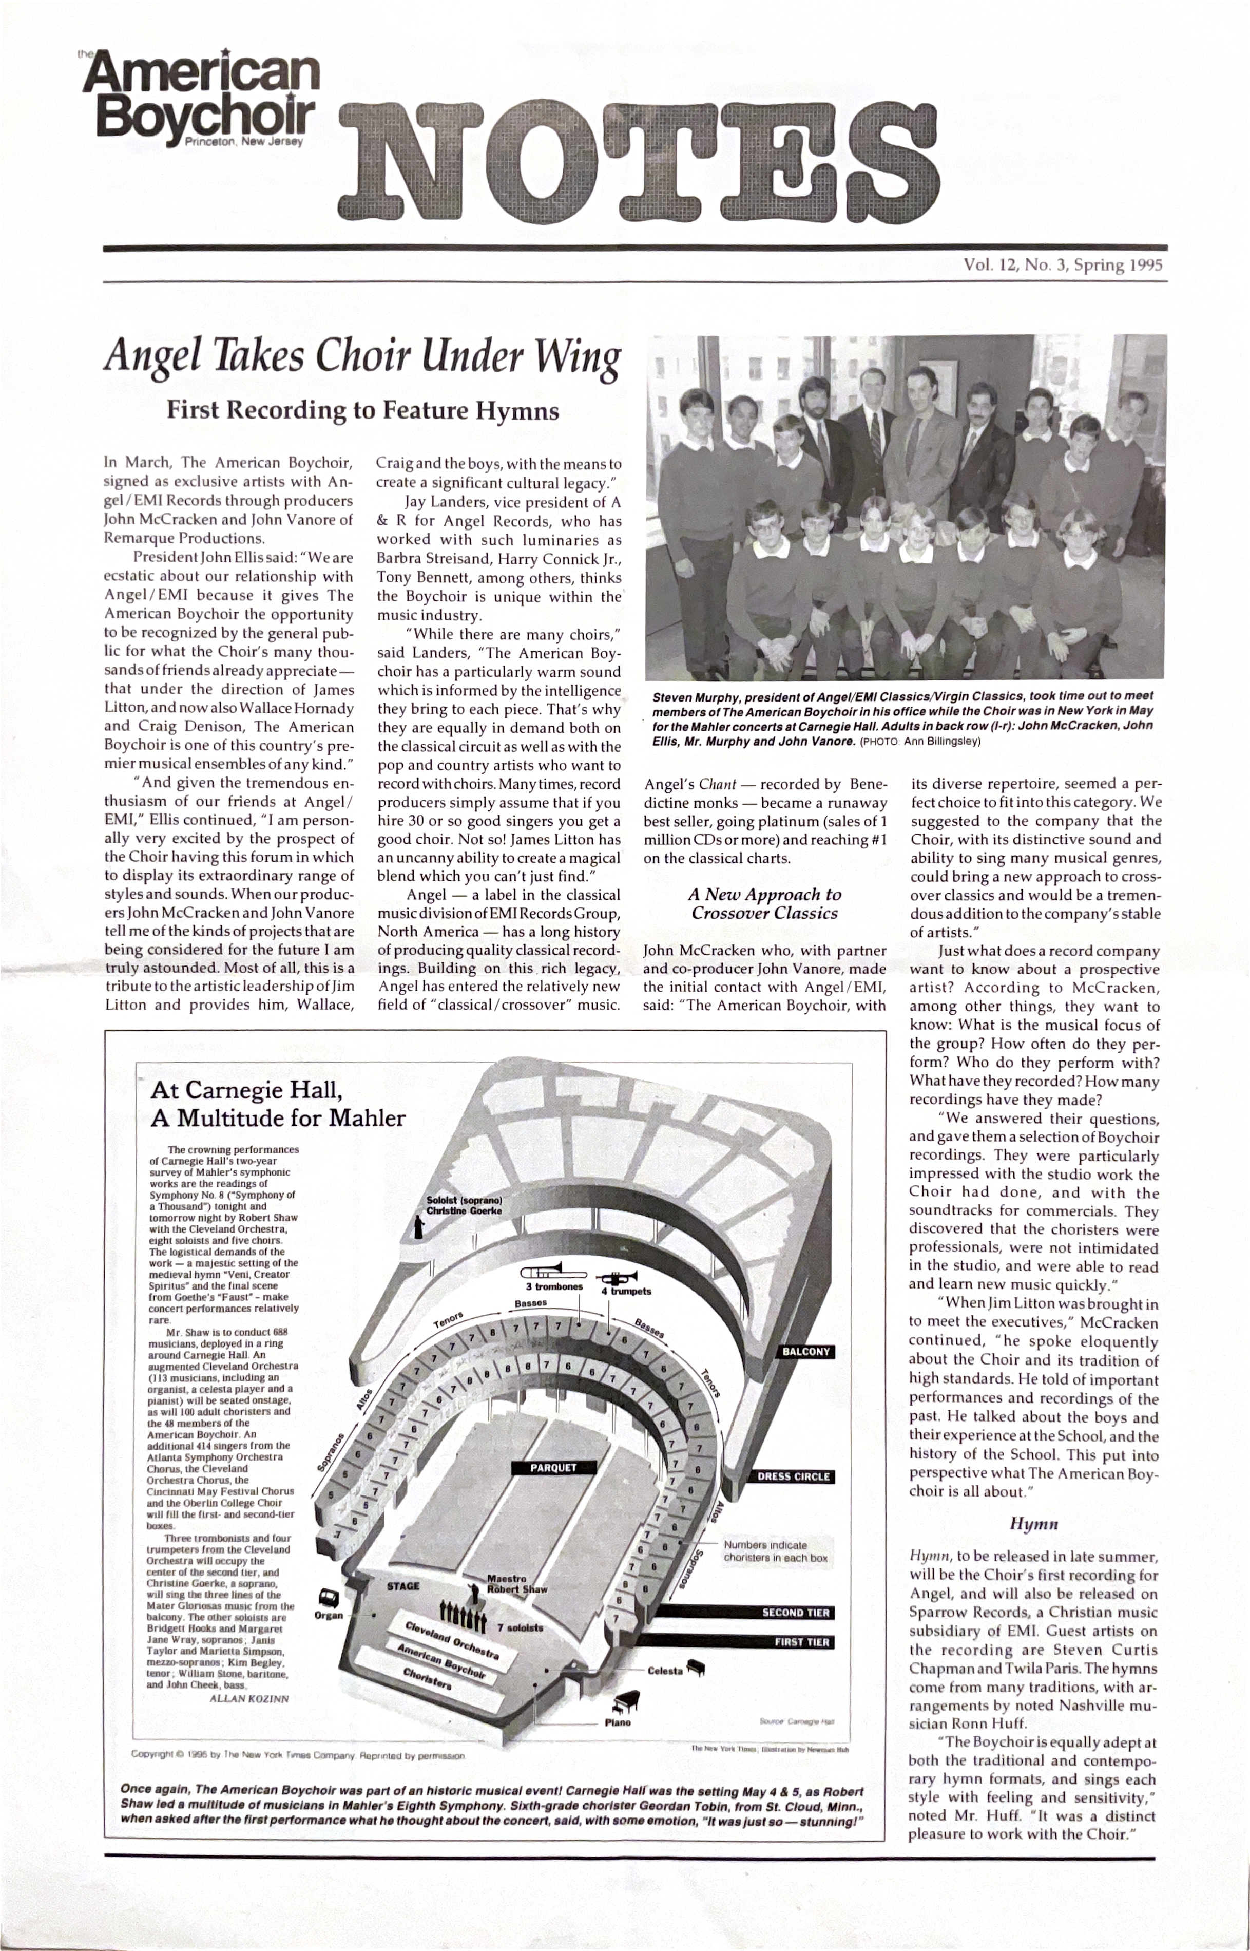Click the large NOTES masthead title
coord(641,162)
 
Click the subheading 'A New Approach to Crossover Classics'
coord(764,903)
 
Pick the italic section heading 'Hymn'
coord(1033,1524)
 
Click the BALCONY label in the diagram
coord(805,1352)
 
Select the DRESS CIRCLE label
coord(793,1477)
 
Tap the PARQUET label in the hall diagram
coord(553,1468)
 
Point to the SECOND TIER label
coord(796,1613)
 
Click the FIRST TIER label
coord(801,1642)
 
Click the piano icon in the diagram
coord(627,1700)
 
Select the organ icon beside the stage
coord(328,1598)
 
